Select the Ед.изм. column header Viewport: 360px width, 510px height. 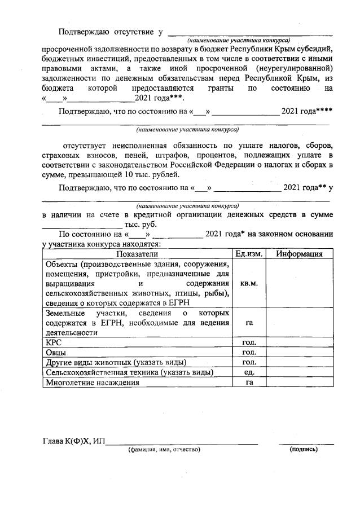[x=249, y=254]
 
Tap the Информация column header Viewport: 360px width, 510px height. [x=299, y=254]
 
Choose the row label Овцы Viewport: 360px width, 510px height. [x=56, y=352]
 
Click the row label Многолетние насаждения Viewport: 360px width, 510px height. [x=91, y=383]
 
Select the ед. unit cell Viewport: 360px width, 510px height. [x=249, y=372]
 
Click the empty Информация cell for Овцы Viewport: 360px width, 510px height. [x=299, y=352]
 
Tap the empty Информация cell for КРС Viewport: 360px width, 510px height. [x=299, y=342]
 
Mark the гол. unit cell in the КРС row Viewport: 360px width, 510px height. [x=249, y=342]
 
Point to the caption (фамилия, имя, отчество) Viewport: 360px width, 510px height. [x=164, y=449]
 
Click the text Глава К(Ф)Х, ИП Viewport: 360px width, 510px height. [x=74, y=441]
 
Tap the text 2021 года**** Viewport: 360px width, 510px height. [x=308, y=111]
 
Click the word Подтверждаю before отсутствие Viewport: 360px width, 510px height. [x=84, y=31]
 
